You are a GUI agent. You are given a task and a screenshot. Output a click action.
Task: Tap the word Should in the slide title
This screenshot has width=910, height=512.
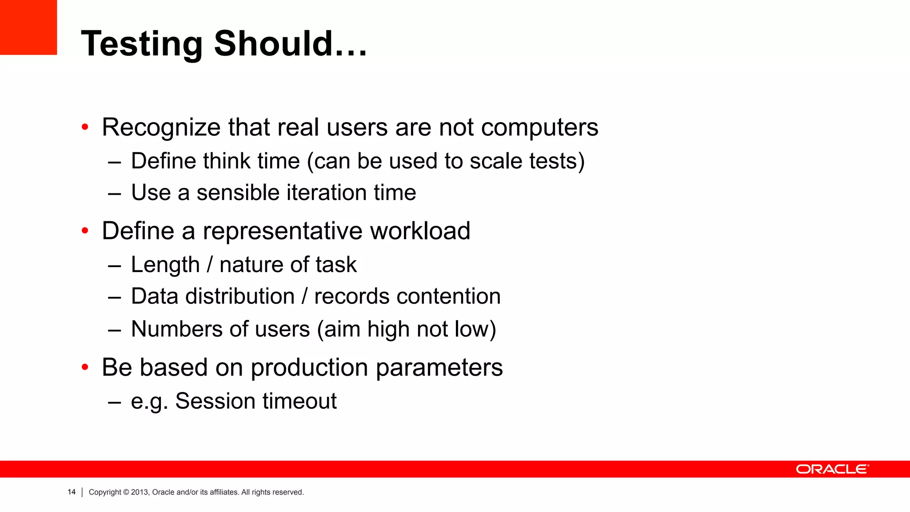point(273,44)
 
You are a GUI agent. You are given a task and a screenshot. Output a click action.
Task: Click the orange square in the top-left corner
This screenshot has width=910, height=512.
point(28,27)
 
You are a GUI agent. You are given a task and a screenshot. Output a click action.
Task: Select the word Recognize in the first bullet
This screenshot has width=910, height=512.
point(161,128)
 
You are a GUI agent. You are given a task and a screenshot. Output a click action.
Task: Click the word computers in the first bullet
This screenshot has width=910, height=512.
point(539,128)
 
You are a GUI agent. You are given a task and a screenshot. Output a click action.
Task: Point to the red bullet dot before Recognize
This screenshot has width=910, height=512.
point(85,128)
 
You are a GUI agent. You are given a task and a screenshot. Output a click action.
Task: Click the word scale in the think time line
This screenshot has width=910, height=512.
point(496,161)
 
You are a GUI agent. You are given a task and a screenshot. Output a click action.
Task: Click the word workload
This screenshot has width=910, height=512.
point(420,231)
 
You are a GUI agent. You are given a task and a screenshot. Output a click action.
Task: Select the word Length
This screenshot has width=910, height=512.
point(165,265)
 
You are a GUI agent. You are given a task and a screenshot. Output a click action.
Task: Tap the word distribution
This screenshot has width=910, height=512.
point(240,296)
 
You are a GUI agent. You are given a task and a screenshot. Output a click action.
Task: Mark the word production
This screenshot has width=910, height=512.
point(309,368)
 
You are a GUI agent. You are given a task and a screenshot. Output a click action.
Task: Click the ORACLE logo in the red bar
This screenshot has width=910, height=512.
point(832,469)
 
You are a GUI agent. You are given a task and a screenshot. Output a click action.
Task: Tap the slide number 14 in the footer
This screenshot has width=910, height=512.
point(72,492)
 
